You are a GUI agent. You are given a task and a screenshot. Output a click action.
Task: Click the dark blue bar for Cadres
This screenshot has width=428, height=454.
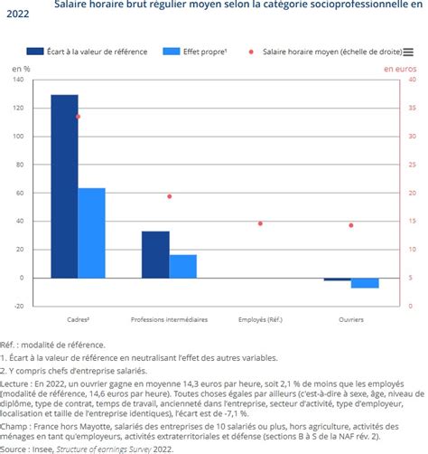coord(64,185)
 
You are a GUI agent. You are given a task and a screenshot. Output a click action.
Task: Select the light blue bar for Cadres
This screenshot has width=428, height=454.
coord(92,232)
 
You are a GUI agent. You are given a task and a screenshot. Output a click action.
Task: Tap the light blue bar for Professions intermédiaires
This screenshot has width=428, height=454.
coord(183,267)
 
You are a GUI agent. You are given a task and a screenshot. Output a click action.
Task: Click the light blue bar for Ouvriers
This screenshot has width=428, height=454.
coord(365,282)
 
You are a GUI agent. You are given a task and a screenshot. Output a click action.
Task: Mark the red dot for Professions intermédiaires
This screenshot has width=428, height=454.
coord(170,196)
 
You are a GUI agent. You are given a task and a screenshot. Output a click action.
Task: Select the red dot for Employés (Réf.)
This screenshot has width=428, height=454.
coord(260,223)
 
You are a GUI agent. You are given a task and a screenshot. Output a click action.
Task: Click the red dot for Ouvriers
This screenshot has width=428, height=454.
coord(351,225)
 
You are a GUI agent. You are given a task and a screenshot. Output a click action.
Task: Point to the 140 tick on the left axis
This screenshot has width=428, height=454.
coord(18,80)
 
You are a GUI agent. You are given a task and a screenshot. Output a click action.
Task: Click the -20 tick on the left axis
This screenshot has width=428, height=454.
coord(18,307)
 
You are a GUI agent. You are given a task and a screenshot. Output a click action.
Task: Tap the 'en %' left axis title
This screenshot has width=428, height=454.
coord(21,68)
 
